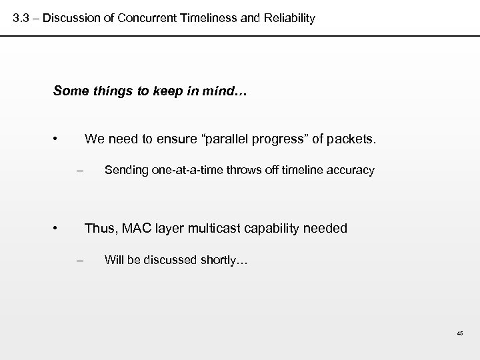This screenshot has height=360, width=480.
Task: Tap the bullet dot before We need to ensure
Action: pyautogui.click(x=58, y=139)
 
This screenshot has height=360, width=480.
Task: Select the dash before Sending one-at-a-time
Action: pyautogui.click(x=79, y=171)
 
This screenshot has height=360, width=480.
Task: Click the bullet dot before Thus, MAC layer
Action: pyautogui.click(x=58, y=229)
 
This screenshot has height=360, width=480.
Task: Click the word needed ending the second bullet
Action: pyautogui.click(x=325, y=229)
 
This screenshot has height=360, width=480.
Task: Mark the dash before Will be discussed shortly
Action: pyautogui.click(x=79, y=260)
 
